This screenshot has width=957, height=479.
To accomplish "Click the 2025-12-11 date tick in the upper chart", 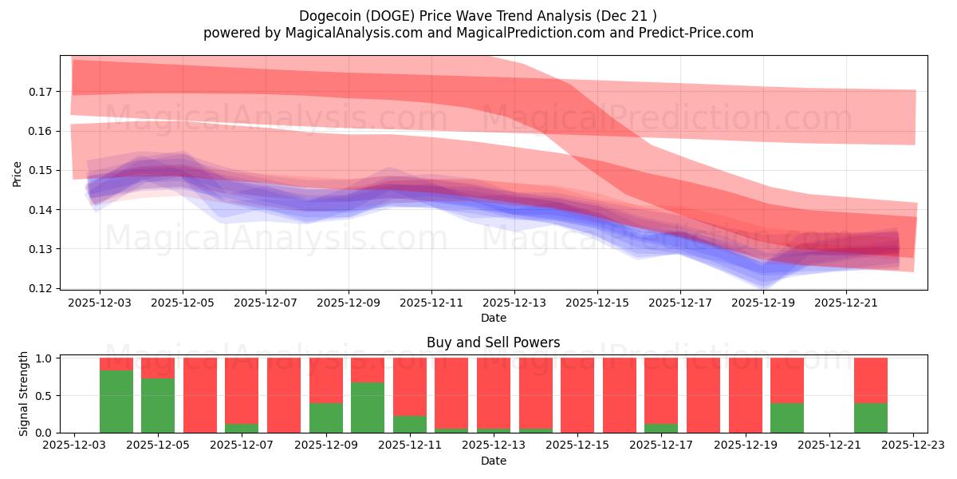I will (x=431, y=303).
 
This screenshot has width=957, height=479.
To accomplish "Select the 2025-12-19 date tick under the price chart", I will (x=763, y=303).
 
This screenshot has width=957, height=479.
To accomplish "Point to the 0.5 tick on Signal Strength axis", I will (x=45, y=395).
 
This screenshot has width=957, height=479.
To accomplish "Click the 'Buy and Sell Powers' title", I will (x=493, y=342).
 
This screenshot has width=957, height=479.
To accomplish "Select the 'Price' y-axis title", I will (x=18, y=173).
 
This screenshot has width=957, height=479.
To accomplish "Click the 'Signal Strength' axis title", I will (x=24, y=394).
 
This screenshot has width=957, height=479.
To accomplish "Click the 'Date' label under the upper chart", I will (x=493, y=318).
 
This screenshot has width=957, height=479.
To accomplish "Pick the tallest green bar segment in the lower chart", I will (x=116, y=402).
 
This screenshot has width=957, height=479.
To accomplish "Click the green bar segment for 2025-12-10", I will (x=368, y=408).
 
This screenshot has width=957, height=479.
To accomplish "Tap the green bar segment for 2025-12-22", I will (x=871, y=418).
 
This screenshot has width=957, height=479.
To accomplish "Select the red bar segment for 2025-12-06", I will (x=200, y=394).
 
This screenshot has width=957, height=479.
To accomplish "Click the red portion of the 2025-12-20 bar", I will (x=787, y=380).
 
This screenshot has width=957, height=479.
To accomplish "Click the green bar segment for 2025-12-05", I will (x=158, y=406).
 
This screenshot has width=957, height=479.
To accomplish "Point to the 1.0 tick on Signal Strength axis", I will (x=45, y=358).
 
